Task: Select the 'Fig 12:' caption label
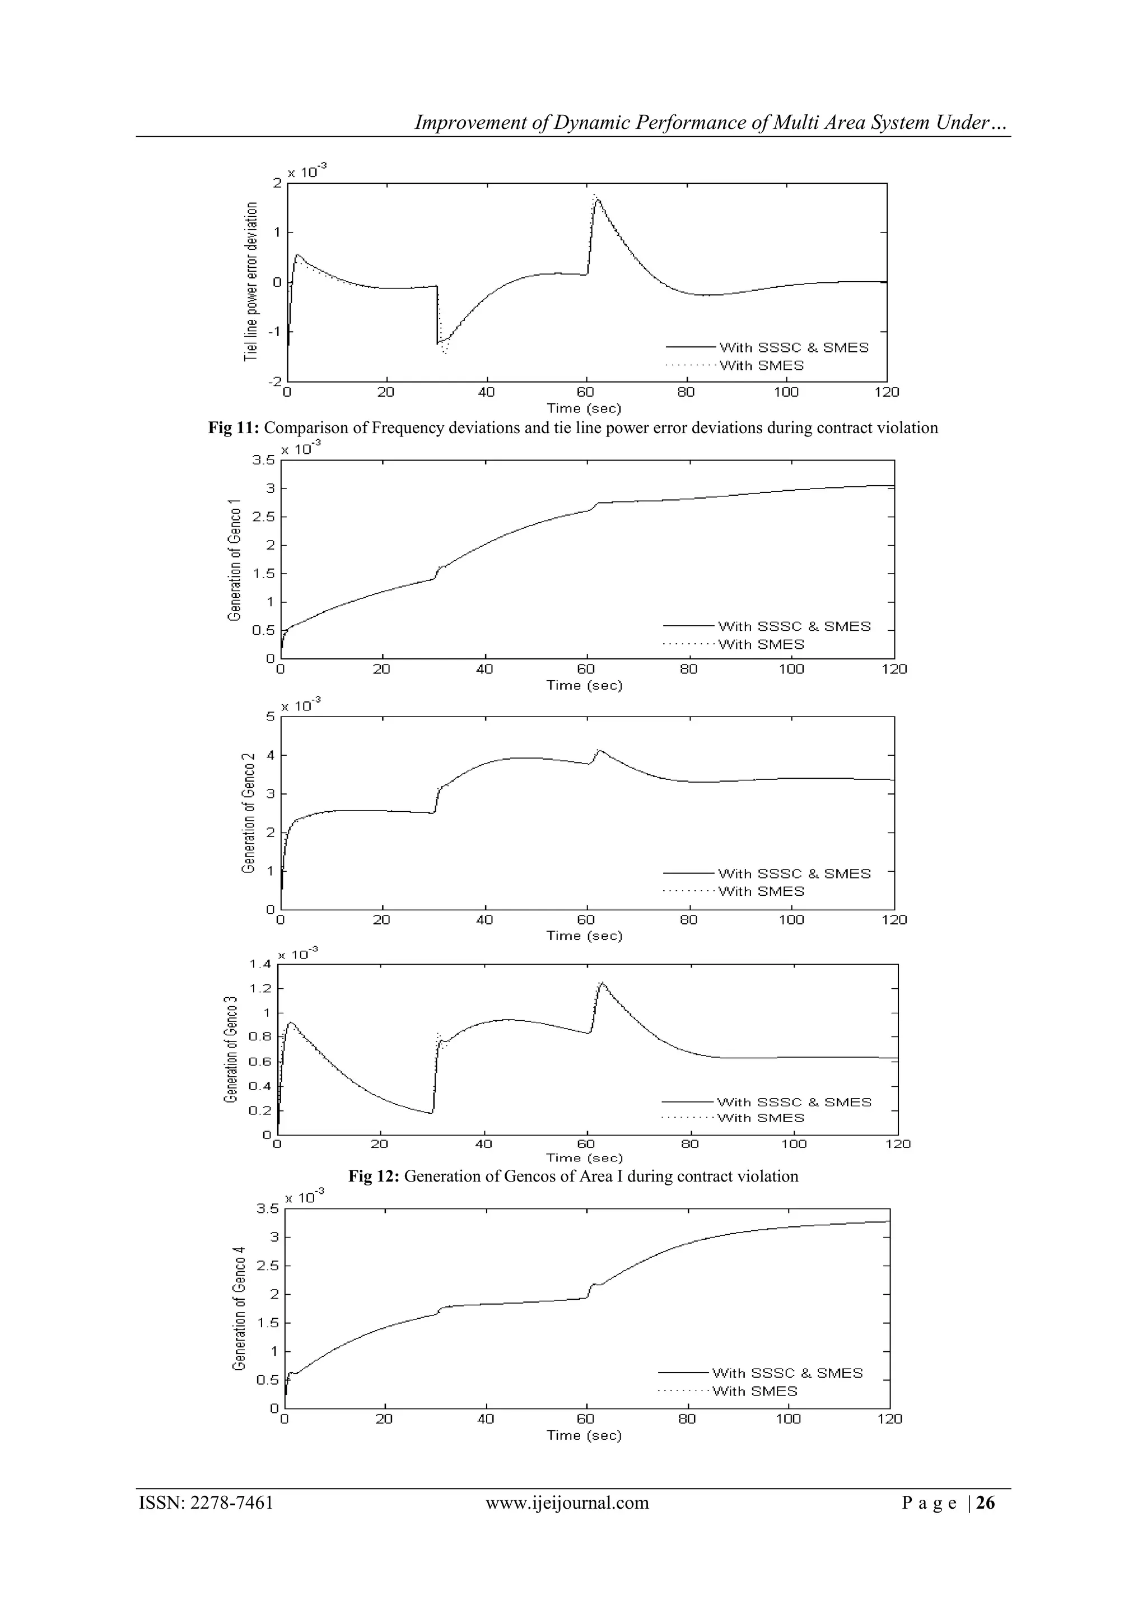coord(374,1176)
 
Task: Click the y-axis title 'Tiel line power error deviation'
coord(251,281)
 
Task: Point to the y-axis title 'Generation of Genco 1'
coord(235,560)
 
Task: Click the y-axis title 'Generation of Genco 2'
coord(248,813)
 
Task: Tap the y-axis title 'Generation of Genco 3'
coord(230,1049)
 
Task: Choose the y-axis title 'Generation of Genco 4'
coord(240,1309)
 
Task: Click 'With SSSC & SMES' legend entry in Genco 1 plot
coord(794,626)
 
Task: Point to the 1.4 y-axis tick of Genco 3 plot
coord(260,964)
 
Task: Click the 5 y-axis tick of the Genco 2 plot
coord(269,717)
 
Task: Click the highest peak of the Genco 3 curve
coord(602,983)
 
